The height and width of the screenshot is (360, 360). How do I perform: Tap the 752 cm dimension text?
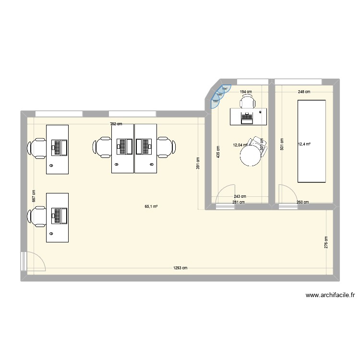116,124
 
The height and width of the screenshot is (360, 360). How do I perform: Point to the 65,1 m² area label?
151,207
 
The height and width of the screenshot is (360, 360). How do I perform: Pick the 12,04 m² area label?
240,144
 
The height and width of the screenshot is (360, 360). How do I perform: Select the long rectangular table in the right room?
312,141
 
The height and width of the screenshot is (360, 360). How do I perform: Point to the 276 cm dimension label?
326,241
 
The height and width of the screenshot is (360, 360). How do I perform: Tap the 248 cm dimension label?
304,92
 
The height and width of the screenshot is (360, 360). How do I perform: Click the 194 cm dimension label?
246,91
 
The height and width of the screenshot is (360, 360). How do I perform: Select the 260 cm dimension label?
302,203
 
